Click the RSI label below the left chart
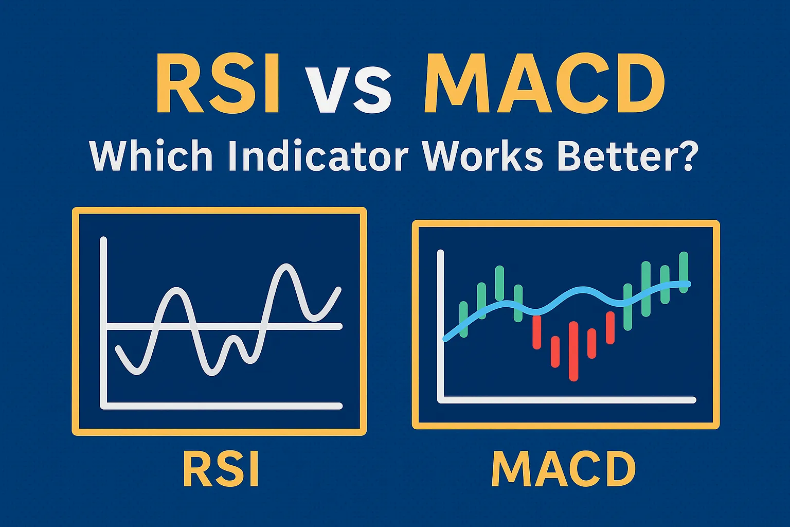click(x=221, y=470)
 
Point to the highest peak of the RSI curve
click(x=285, y=267)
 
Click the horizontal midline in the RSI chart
click(x=309, y=326)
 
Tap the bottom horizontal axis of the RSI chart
click(x=221, y=406)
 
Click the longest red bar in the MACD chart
click(x=573, y=351)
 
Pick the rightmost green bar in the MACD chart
click(x=684, y=272)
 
